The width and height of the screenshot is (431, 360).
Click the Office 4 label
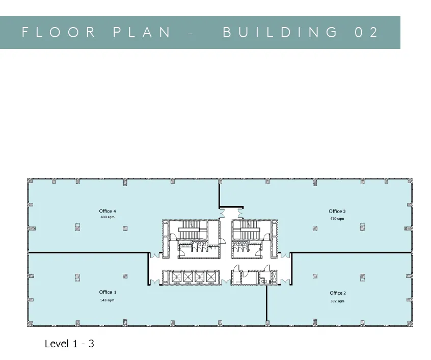point(107,211)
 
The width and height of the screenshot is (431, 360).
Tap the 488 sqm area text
point(107,217)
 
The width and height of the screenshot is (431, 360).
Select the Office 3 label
point(337,211)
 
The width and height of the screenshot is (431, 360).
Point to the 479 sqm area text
point(337,219)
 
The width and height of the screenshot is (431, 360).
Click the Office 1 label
point(107,292)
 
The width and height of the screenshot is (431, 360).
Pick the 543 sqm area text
point(107,300)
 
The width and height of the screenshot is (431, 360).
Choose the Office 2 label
point(338,293)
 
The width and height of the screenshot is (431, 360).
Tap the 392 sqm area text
point(337,301)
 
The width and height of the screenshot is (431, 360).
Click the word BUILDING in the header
point(280,32)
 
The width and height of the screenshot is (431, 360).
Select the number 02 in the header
point(367,32)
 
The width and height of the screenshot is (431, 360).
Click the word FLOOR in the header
point(59,32)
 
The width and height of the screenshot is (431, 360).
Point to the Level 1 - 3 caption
point(69,344)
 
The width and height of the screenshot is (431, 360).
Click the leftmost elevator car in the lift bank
point(176,277)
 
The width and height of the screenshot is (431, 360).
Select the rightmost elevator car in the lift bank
point(210,277)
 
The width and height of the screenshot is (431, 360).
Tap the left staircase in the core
point(190,230)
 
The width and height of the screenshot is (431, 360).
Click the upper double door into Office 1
point(154,255)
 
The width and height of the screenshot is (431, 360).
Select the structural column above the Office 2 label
point(315,276)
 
